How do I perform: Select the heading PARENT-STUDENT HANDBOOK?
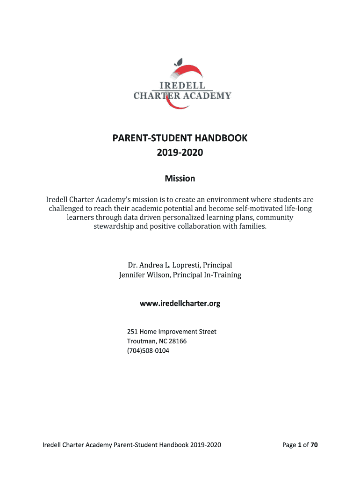coord(180,138)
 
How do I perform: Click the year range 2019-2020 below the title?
coord(180,152)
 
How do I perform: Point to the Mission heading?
coord(180,178)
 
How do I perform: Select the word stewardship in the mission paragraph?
coord(114,227)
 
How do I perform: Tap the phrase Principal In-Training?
coord(207,275)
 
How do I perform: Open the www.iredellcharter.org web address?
coord(180,304)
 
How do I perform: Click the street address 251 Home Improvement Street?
coord(172,332)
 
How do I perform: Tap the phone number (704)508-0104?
coord(148,350)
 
